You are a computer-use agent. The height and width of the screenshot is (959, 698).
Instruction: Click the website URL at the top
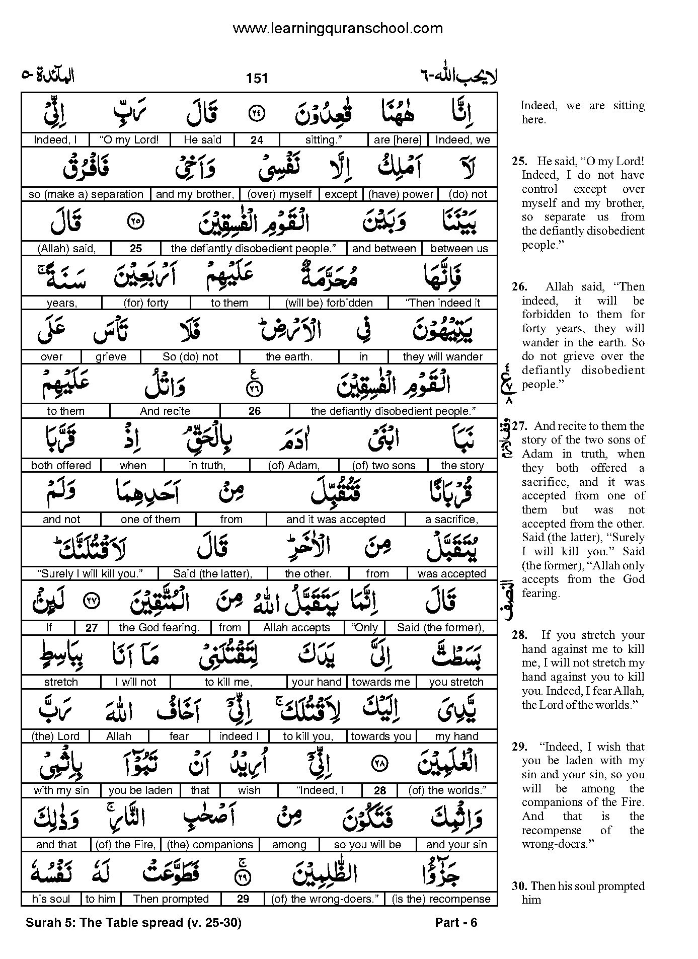coord(338,29)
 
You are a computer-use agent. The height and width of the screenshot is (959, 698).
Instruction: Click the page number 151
coord(257,78)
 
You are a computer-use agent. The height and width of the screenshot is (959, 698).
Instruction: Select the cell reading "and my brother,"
coord(195,194)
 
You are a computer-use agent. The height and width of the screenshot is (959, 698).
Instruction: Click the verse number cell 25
coord(136,249)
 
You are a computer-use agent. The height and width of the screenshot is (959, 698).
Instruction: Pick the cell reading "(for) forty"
coord(146,303)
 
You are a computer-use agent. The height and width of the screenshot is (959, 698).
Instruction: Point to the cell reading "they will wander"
coord(443,357)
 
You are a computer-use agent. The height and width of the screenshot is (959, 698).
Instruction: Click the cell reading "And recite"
coord(165,411)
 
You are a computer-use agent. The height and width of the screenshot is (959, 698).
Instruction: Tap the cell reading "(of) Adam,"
coord(294,466)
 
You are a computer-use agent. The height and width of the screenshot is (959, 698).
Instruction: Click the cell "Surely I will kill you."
coord(91,574)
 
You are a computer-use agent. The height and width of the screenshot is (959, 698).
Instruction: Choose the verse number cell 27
coord(91,628)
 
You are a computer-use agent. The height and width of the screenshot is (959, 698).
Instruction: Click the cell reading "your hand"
coord(317,682)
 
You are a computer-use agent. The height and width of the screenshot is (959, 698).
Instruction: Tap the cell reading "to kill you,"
coord(308,736)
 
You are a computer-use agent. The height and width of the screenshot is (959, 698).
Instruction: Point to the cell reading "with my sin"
coord(61,790)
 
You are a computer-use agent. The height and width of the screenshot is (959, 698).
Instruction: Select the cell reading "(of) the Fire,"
coord(126,845)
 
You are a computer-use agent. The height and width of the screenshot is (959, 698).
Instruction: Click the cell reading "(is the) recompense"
coord(441,899)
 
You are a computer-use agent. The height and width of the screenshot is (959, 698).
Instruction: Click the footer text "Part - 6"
coord(456,923)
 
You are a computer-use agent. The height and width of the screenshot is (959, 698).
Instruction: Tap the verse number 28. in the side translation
coord(519,635)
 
